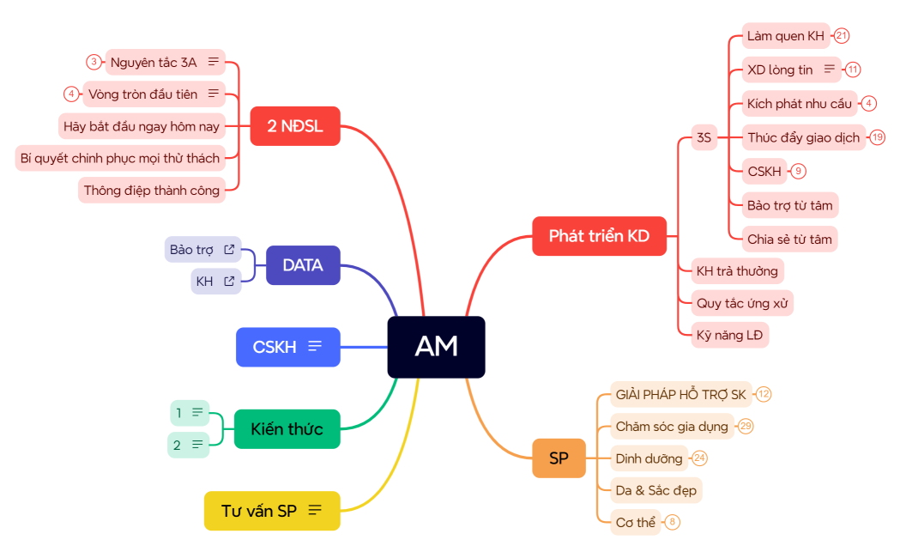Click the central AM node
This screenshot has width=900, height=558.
[x=436, y=347]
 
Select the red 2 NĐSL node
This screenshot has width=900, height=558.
[x=295, y=126]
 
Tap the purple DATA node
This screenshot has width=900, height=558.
[x=303, y=265]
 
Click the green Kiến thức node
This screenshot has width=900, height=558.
[x=287, y=428]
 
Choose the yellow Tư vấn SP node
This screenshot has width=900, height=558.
[x=271, y=511]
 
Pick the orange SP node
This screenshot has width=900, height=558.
[x=559, y=458]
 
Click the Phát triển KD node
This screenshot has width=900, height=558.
[x=599, y=236]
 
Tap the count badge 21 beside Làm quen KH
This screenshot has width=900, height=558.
[x=842, y=36]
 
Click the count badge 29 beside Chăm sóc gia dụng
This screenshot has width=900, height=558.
[x=746, y=426]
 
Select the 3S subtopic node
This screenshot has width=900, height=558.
[x=704, y=137]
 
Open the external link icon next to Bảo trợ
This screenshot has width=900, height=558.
[x=229, y=250]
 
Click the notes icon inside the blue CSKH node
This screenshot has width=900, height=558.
[x=315, y=347]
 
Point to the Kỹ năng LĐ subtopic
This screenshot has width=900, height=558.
[x=729, y=335]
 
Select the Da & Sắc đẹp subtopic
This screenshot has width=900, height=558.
[x=656, y=491]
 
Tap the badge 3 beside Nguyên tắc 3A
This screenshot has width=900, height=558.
[x=94, y=62]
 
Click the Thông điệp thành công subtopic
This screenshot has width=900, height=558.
[x=152, y=190]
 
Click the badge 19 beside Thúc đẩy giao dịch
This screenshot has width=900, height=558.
[x=877, y=137]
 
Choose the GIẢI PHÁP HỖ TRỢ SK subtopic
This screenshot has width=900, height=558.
[x=680, y=394]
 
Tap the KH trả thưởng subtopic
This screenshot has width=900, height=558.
[x=737, y=271]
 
